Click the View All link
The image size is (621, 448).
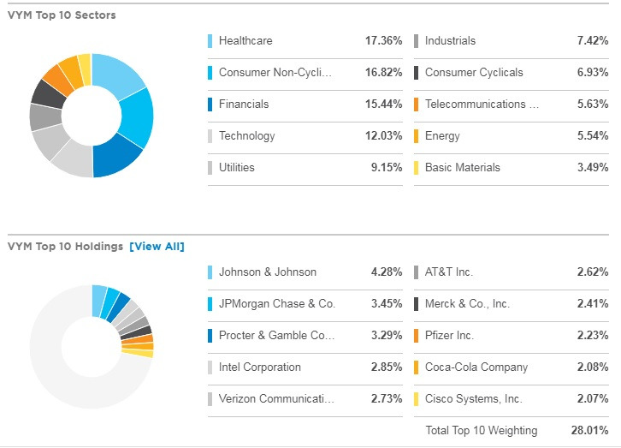(x=157, y=247)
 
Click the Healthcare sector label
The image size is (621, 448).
(x=245, y=41)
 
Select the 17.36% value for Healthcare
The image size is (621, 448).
(x=383, y=41)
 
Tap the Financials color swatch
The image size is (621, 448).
(x=210, y=105)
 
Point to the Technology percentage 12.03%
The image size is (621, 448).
(x=383, y=136)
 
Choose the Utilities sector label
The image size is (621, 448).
(x=237, y=168)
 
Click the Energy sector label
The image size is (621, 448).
(x=442, y=136)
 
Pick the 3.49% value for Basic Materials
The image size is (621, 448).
(x=590, y=168)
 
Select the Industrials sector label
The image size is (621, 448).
(x=450, y=41)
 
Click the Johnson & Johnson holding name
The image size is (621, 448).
(x=268, y=272)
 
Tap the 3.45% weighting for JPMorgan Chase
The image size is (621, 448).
(x=385, y=304)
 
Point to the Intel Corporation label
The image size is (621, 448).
(x=260, y=367)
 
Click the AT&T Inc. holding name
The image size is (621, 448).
(x=449, y=272)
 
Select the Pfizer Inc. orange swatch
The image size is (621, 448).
(x=416, y=336)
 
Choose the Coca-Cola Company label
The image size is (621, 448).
(x=476, y=367)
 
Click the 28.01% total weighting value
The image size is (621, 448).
(x=589, y=430)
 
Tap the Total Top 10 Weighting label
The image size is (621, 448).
(x=482, y=430)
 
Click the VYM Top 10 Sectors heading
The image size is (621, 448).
(x=62, y=15)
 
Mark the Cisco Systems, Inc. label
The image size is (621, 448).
(x=474, y=399)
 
